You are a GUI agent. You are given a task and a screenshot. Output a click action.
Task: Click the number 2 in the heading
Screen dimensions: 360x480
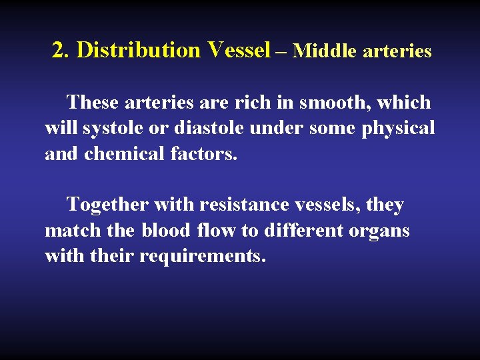pos(59,50)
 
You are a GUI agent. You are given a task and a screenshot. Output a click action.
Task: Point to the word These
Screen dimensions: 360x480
pos(93,103)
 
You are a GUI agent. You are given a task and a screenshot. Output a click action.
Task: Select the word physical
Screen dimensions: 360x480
pos(398,128)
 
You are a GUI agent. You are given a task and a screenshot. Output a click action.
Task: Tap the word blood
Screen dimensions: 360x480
pos(165,231)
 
